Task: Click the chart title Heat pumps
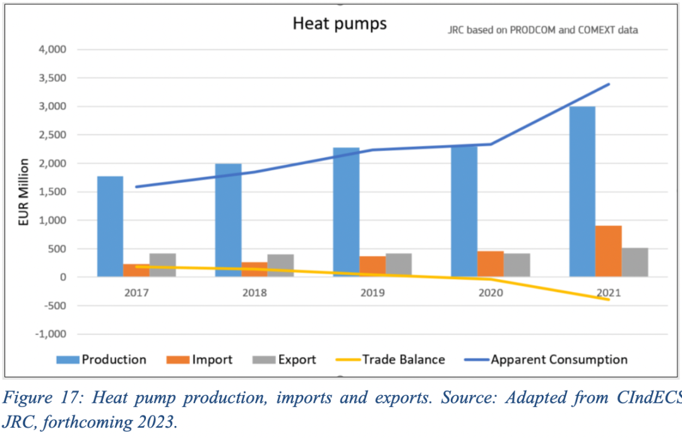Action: click(x=339, y=24)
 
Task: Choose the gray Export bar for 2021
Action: click(x=635, y=262)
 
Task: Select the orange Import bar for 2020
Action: click(x=490, y=264)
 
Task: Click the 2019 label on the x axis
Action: click(x=373, y=293)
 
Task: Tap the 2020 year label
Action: click(x=490, y=293)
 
